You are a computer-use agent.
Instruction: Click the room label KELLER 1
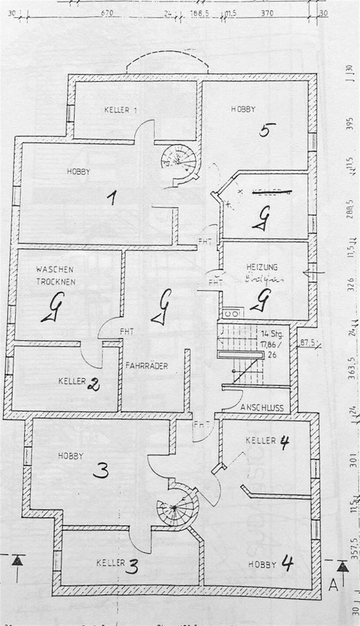pos(120,110)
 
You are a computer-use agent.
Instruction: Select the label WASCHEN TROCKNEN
pos(55,275)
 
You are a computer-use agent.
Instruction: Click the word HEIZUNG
pos(262,267)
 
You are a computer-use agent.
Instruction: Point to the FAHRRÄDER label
pos(147,366)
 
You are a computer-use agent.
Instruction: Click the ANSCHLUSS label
pos(262,408)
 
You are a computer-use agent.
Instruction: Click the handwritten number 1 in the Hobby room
pos(112,199)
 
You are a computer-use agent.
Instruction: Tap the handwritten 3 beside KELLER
pos(133,566)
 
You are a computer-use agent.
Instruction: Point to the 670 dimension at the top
pos(107,13)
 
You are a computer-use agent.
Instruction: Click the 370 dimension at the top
pos(267,13)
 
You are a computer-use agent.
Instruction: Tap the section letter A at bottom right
pos(333,585)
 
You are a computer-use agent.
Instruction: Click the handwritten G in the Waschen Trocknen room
pos(53,307)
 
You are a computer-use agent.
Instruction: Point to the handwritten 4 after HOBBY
pos(287,564)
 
